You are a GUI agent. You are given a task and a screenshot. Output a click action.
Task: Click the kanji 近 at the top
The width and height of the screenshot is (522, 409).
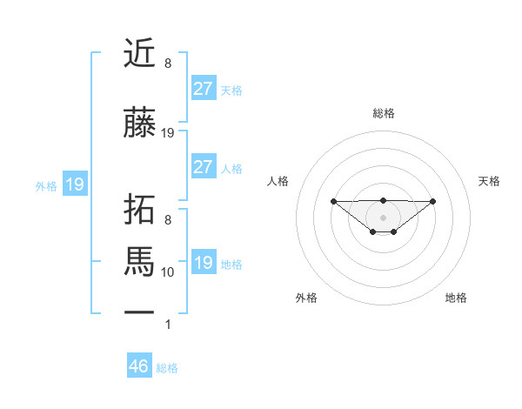140,55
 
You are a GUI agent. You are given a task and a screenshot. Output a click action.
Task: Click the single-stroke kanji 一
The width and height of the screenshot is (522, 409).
140,310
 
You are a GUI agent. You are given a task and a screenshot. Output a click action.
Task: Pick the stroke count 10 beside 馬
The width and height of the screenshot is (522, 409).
168,272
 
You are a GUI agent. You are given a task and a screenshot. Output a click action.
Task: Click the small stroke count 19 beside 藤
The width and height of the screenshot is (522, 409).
168,133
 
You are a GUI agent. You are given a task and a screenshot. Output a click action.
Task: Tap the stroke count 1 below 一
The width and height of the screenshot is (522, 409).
168,325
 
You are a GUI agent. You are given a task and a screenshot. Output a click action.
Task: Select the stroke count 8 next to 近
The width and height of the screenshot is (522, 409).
168,64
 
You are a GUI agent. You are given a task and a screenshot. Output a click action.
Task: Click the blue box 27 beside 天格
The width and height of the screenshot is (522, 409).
203,89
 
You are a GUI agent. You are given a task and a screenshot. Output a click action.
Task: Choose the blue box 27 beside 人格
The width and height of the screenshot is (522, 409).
203,167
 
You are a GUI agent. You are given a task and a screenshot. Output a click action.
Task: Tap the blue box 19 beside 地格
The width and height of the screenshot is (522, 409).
203,263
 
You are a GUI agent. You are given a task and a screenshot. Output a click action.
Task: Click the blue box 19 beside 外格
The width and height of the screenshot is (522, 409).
74,184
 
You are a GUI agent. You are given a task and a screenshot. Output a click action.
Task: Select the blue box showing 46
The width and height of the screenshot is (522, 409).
139,366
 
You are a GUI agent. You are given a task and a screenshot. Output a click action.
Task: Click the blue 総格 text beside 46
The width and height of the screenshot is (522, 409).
167,367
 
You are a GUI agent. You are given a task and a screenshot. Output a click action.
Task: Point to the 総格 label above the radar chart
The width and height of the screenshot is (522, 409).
383,113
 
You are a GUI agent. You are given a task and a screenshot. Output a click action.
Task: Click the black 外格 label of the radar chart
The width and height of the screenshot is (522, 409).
306,298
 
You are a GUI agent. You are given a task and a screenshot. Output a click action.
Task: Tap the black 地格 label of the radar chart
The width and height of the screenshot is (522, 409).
456,298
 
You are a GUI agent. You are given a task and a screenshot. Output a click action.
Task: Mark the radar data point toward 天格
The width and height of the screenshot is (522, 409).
433,201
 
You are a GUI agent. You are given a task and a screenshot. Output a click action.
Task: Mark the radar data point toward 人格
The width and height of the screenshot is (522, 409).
333,201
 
